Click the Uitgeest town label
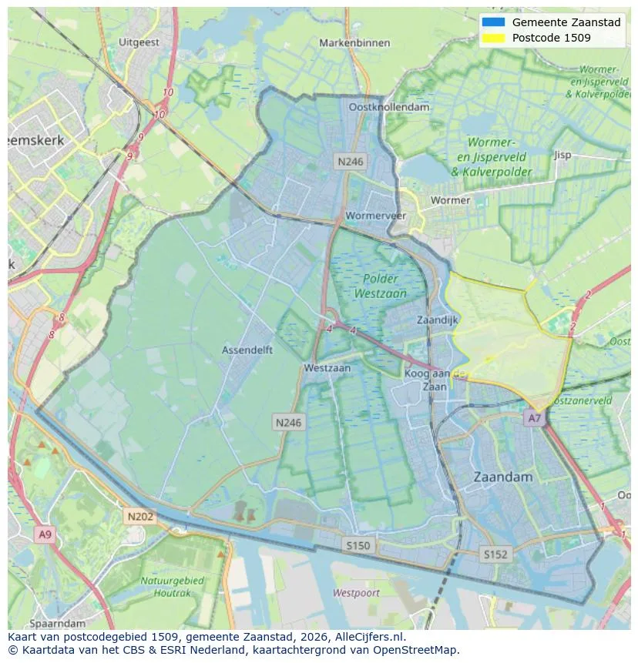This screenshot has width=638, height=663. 139,42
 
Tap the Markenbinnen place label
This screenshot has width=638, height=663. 354,43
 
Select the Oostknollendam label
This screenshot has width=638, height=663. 389,108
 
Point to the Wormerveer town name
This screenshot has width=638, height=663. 376,216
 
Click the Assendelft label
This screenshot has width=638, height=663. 247,350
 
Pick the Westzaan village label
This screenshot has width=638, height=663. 327,368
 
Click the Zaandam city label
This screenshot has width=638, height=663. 502,477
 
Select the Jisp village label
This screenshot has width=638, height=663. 562,155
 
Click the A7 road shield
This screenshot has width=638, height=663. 533,418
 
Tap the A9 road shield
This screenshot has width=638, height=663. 45,534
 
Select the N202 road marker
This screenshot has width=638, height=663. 140,517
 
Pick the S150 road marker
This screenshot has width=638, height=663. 358,545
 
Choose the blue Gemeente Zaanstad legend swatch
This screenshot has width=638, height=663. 492,22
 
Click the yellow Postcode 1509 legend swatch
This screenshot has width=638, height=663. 492,38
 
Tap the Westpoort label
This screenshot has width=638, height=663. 356,593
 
